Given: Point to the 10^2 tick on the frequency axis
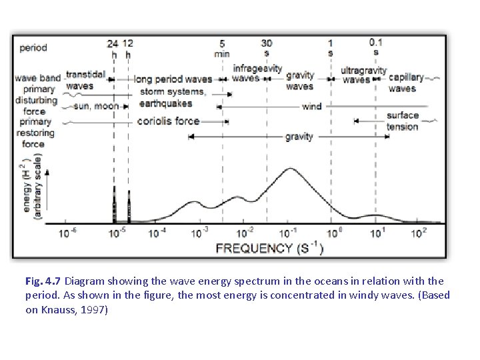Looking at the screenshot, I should pos(419,233).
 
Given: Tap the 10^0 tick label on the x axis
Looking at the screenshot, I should pos(332,233).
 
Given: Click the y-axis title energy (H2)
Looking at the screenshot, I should pos(28,187).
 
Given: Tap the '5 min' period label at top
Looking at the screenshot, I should pos(222,48).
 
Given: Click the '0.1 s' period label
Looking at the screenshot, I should pos(376,47).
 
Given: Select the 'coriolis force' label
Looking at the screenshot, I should pos(168,121).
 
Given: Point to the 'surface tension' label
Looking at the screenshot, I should pos(403,121).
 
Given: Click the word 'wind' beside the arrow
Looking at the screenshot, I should pos(311,106).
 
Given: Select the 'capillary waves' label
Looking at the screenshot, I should pos(405,83).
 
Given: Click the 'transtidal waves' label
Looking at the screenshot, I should pos(85,80).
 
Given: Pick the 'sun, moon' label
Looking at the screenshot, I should pos(97,106).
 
